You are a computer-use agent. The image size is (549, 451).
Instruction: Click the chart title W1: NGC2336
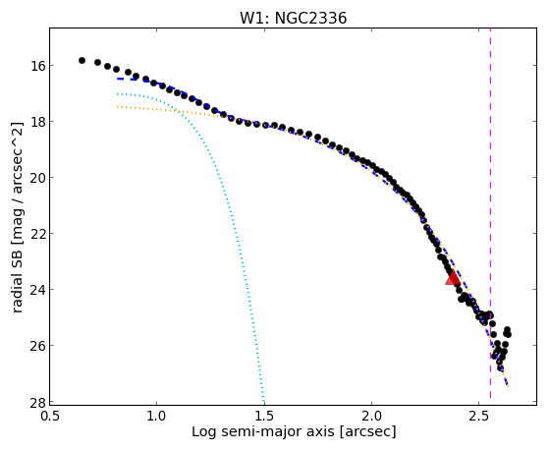(x=293, y=19)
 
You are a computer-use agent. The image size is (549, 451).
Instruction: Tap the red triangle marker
(x=453, y=277)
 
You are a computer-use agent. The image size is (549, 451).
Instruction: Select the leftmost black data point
(x=82, y=60)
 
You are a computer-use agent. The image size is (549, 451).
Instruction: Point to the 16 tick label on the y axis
(x=37, y=66)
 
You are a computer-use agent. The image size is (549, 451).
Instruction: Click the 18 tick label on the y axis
(x=37, y=122)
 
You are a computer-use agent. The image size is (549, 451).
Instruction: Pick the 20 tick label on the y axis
(x=37, y=178)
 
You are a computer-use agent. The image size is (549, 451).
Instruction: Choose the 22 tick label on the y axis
(x=37, y=234)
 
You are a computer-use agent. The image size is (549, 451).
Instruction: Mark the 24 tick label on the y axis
(x=37, y=290)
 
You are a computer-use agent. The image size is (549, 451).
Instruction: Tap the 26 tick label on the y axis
(x=37, y=346)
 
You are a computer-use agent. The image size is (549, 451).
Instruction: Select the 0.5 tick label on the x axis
(x=49, y=416)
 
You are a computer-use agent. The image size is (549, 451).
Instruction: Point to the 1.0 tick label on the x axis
(x=156, y=416)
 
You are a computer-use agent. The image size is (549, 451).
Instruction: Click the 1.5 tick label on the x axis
(x=264, y=416)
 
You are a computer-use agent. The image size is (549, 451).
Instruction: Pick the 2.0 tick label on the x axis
(x=371, y=416)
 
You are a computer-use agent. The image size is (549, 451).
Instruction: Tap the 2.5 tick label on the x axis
(x=479, y=416)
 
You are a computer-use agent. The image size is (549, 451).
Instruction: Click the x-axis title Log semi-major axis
(x=263, y=431)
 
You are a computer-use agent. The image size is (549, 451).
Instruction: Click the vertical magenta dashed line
(x=490, y=213)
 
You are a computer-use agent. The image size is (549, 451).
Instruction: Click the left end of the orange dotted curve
(x=118, y=106)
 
